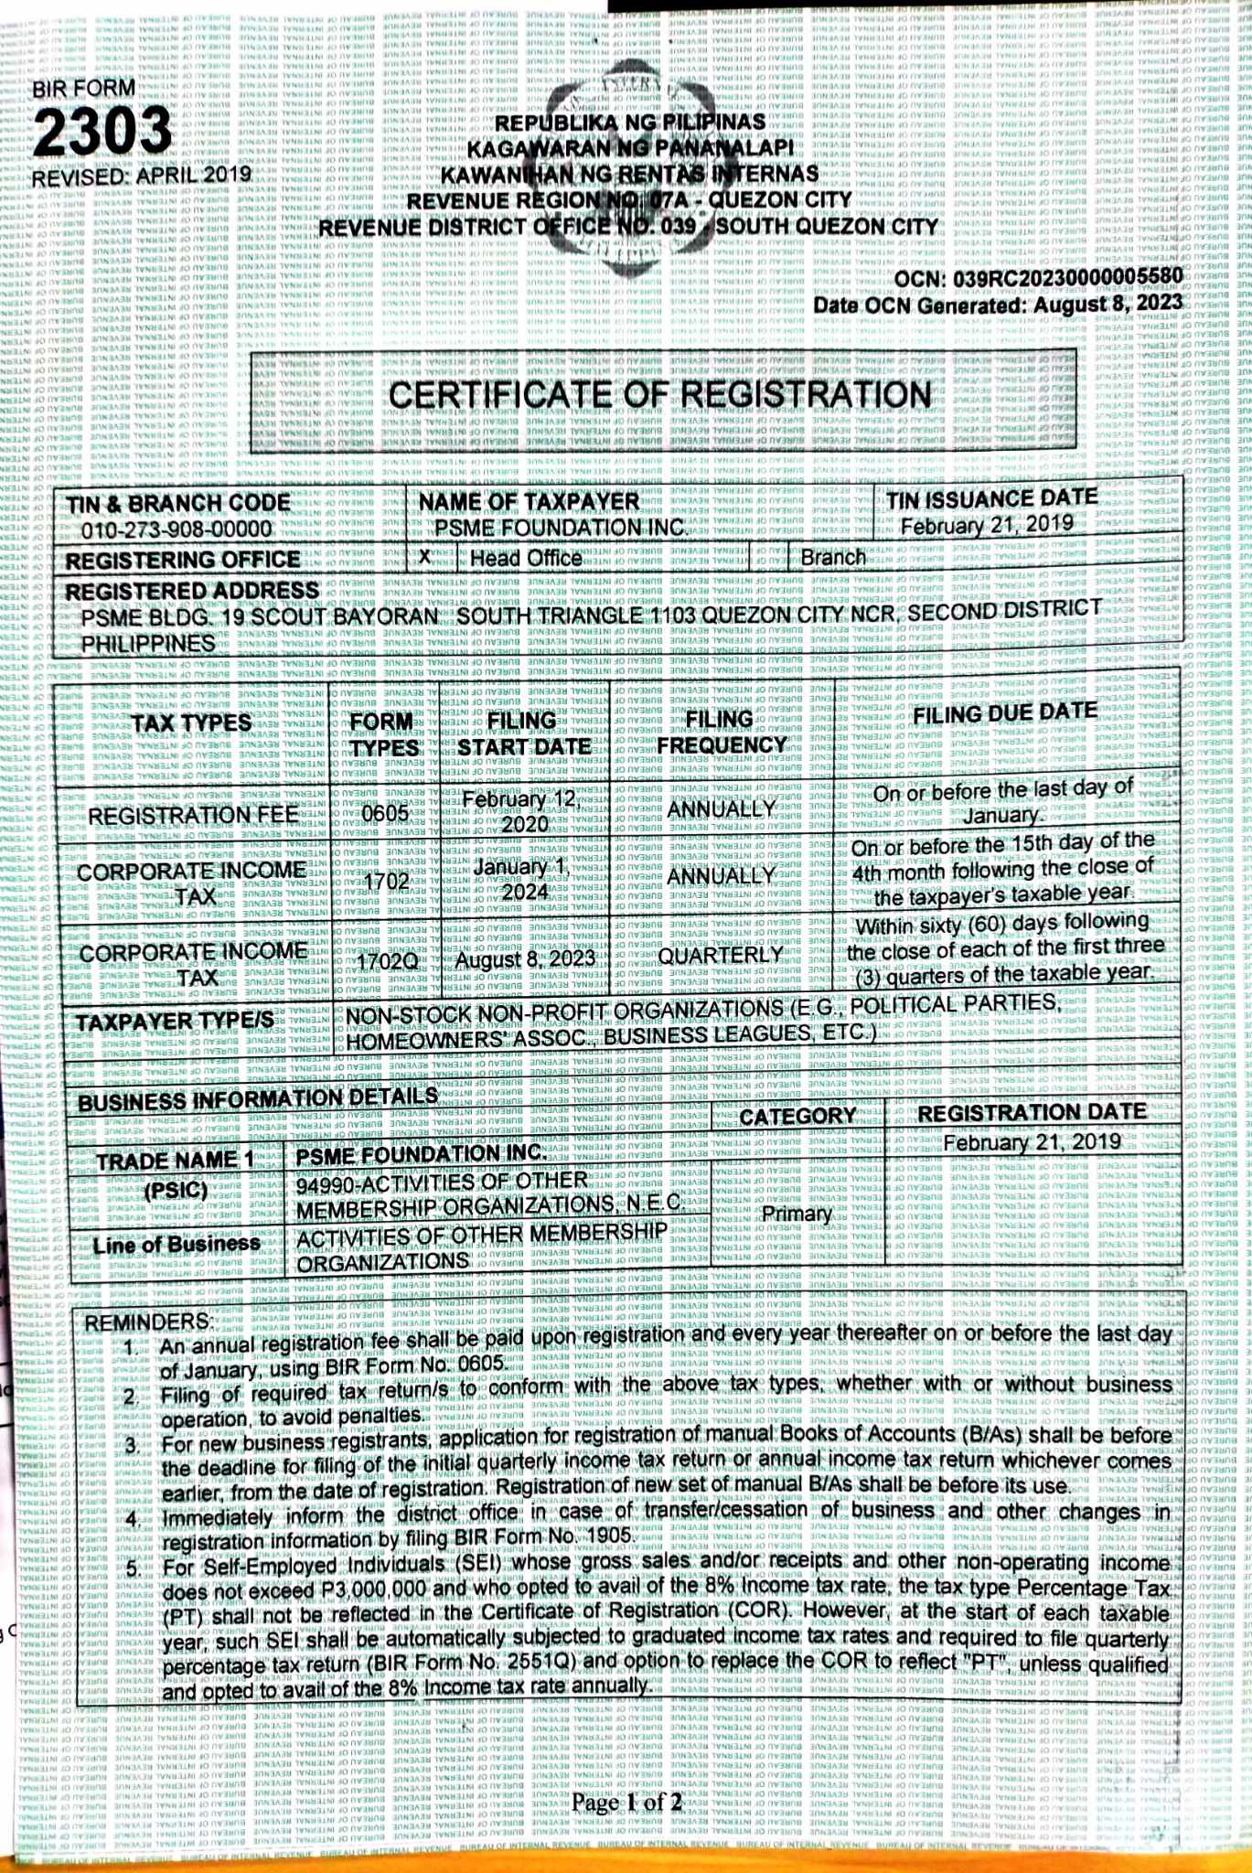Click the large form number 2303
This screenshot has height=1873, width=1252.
pos(102,131)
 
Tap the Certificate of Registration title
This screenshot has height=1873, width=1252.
pos(659,395)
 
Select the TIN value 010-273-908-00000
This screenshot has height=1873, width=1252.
pos(177,530)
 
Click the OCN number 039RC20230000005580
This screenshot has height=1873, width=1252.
pos(1066,277)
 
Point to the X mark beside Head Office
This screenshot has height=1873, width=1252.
pos(424,556)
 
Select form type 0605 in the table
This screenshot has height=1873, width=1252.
pos(384,812)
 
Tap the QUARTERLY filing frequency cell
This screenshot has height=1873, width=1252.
pos(721,955)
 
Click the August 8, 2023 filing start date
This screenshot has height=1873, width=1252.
pos(525,958)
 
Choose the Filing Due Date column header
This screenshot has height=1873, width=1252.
pos(1005,712)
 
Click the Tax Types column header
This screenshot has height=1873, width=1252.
pos(191,722)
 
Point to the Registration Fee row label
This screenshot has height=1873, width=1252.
pos(193,814)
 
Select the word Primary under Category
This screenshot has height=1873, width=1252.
pos(797,1214)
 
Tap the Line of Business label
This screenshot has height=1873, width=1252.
pos(177,1244)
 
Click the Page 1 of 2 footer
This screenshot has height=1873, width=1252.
pos(626,1803)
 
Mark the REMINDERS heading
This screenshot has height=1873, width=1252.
pos(147,1322)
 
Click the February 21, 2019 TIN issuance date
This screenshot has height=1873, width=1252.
pos(986,525)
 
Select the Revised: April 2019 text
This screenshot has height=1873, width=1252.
pos(141,176)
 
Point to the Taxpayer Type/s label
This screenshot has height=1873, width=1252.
pos(175,1022)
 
